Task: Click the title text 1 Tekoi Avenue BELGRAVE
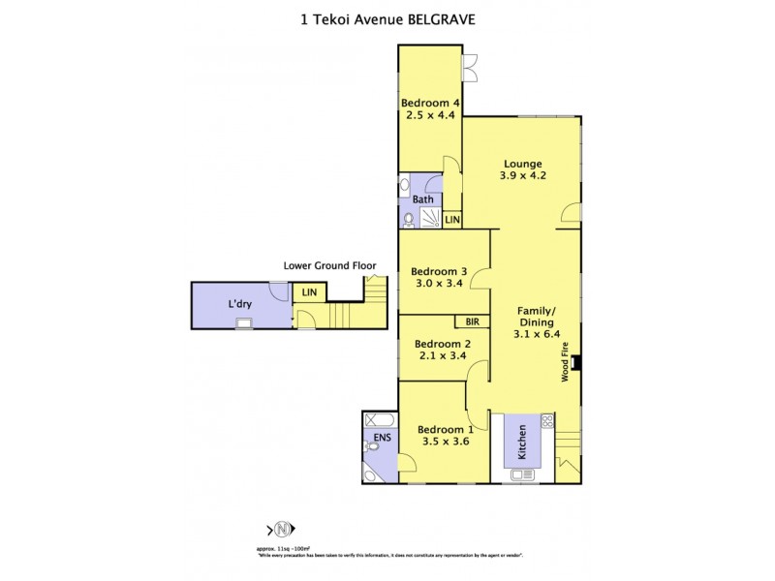click(x=387, y=18)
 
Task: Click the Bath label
click(x=423, y=199)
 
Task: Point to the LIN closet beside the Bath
click(x=452, y=221)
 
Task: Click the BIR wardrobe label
click(x=472, y=321)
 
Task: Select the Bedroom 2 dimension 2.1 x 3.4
click(x=442, y=356)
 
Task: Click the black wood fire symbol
click(x=575, y=364)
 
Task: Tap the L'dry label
click(x=240, y=304)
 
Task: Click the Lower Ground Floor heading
click(x=329, y=265)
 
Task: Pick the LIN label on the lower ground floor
click(x=310, y=291)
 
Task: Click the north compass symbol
click(x=282, y=529)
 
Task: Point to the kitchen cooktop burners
click(x=547, y=421)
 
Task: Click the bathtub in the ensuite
click(x=378, y=420)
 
